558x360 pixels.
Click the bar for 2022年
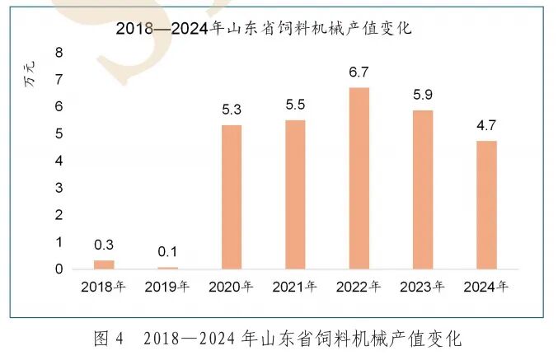[359, 178]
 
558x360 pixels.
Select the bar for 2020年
[232, 197]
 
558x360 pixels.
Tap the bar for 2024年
[486, 205]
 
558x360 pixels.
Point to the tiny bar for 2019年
[168, 268]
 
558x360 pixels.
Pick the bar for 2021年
[295, 194]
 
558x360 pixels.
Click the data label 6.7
[359, 72]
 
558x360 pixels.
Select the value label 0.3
[104, 245]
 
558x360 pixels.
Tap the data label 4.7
[486, 126]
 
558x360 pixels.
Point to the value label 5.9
[423, 95]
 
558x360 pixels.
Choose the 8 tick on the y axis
[59, 53]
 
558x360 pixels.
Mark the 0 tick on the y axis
[59, 269]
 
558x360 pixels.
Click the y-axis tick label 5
[59, 133]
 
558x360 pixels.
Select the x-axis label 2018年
[103, 288]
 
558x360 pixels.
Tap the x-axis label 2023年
[422, 288]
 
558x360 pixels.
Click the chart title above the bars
[264, 28]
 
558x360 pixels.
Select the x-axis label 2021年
[294, 288]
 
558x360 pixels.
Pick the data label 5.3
[232, 109]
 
